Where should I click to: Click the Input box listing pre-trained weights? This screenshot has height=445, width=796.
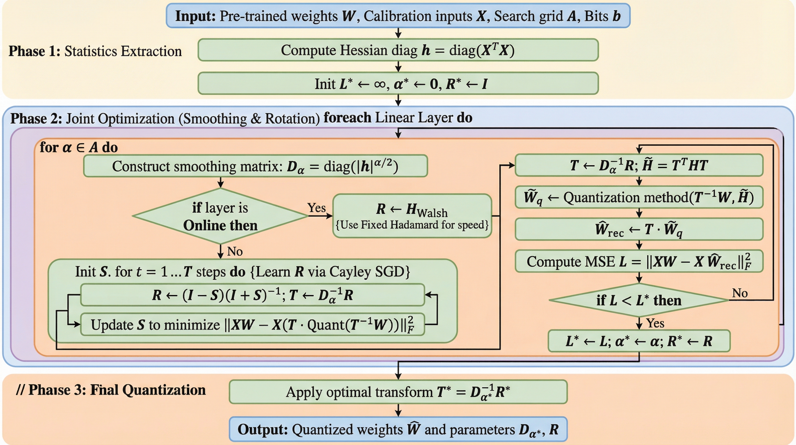point(398,16)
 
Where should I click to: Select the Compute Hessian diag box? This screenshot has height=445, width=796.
point(398,50)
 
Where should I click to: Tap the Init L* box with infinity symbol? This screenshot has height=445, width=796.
point(398,83)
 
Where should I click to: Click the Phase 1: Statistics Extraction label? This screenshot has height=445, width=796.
point(95,51)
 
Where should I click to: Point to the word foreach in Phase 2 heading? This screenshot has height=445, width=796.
point(347,118)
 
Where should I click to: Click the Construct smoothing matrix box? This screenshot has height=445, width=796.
point(255,166)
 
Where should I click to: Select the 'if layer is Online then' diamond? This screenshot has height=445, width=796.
point(220,216)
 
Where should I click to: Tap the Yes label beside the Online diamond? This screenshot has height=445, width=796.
point(316,208)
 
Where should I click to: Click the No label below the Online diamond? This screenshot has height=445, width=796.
point(235,251)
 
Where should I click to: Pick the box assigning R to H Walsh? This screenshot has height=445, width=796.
point(412,216)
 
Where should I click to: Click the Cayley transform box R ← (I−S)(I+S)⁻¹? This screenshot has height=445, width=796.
point(252,295)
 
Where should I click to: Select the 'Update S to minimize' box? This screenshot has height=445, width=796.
point(252,324)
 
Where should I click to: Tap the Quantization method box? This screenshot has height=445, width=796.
point(639,197)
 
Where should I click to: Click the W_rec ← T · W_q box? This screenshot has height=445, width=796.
point(639,229)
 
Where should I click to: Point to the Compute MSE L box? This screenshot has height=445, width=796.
point(639,262)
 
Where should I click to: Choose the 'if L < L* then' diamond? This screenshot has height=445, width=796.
point(639,300)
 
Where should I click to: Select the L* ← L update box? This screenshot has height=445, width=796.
point(639,341)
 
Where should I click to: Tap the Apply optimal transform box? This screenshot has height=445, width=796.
point(398,392)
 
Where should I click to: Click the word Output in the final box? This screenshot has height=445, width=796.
point(263,429)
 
